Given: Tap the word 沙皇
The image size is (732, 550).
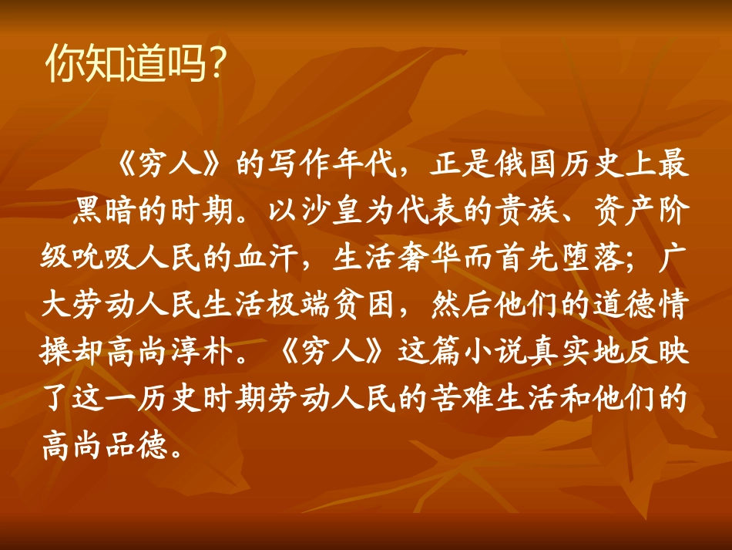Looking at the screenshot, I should tap(332, 213).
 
